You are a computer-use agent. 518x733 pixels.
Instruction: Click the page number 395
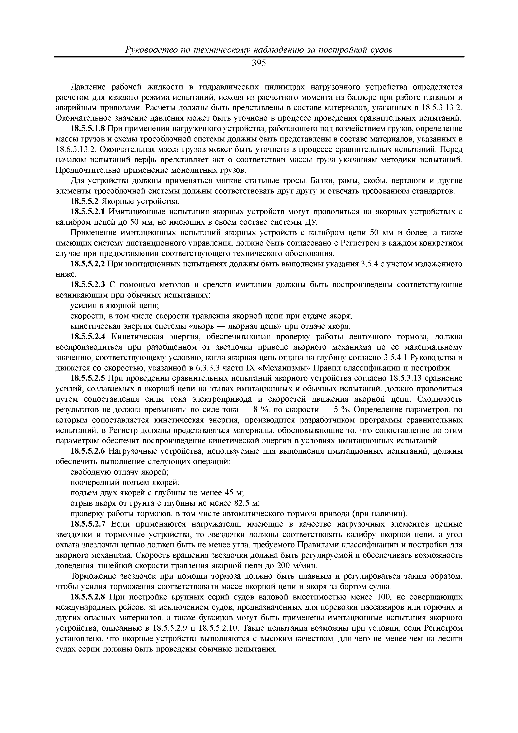(x=259, y=64)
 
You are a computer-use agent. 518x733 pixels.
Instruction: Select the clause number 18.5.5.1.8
(x=88, y=129)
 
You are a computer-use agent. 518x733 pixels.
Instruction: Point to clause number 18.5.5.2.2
(x=88, y=264)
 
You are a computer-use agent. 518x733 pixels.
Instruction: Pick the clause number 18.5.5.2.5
(x=88, y=379)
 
